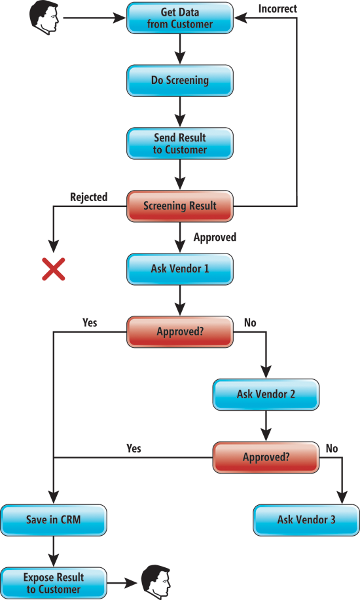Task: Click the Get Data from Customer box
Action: pyautogui.click(x=180, y=18)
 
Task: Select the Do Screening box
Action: pyautogui.click(x=180, y=81)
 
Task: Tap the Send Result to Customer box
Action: pyautogui.click(x=180, y=143)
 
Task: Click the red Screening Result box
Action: pyautogui.click(x=180, y=206)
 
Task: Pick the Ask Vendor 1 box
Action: pyautogui.click(x=180, y=269)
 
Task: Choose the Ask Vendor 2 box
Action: pyautogui.click(x=266, y=394)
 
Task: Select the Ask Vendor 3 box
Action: pyautogui.click(x=306, y=520)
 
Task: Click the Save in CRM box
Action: pyautogui.click(x=54, y=520)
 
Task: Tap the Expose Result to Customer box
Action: pyautogui.click(x=54, y=583)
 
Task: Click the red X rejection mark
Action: pyautogui.click(x=54, y=269)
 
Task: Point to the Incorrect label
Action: pyautogui.click(x=278, y=9)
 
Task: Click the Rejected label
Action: pyautogui.click(x=89, y=197)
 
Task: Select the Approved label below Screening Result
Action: pyautogui.click(x=215, y=237)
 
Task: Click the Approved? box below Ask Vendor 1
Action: pyautogui.click(x=180, y=331)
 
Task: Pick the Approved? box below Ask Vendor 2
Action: pyautogui.click(x=266, y=457)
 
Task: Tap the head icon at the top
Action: pyautogui.click(x=45, y=18)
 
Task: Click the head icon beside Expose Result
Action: pyautogui.click(x=156, y=582)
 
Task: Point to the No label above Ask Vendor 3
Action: pyautogui.click(x=332, y=448)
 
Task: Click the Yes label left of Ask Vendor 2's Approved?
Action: pyautogui.click(x=134, y=448)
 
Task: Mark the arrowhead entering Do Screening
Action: pyautogui.click(x=180, y=58)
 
